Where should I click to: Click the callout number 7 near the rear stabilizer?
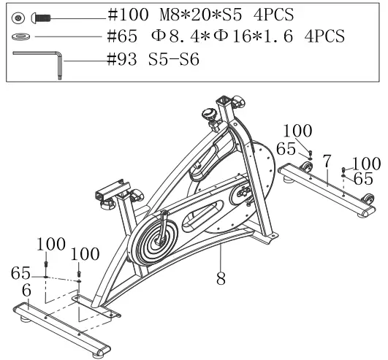(x=327, y=159)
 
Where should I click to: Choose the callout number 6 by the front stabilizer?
(x=26, y=291)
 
